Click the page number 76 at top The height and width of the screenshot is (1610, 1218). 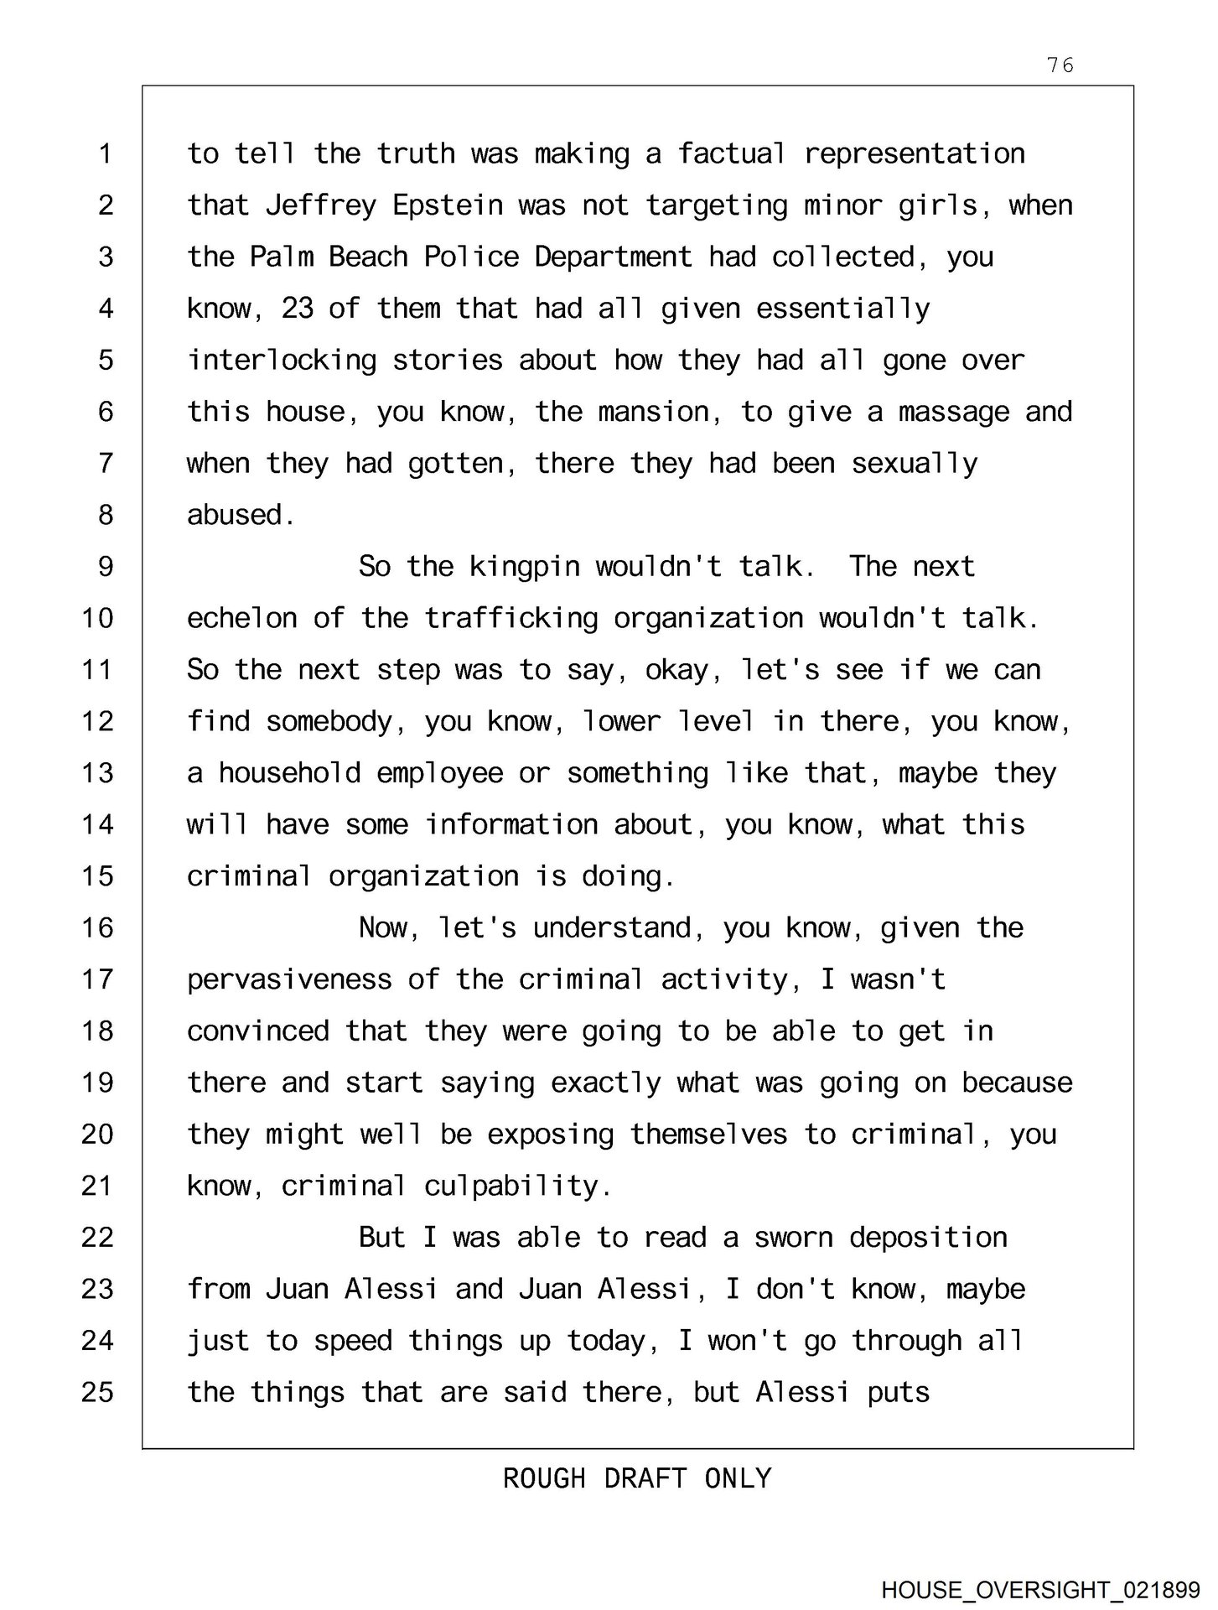1060,65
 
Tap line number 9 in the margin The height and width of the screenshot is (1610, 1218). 106,567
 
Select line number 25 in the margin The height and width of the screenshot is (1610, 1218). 97,1392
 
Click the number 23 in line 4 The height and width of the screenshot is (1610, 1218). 297,309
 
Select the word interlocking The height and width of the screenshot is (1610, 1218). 282,361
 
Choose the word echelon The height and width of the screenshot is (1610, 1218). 241,619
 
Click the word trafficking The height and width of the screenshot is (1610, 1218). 511,619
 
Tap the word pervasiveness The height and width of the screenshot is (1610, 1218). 289,979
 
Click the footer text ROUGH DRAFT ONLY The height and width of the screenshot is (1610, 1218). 637,1478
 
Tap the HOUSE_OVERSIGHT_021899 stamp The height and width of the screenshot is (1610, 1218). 1040,1589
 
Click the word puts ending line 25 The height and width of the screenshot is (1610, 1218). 899,1393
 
